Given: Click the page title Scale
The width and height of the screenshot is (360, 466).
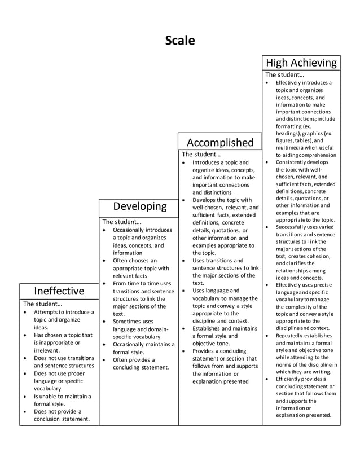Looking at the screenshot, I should coord(179,41).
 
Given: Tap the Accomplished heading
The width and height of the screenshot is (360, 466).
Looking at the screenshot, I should coord(220,142).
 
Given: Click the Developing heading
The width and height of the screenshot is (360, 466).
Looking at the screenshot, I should coord(139,206).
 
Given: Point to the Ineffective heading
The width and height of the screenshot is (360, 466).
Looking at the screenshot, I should coord(59,291).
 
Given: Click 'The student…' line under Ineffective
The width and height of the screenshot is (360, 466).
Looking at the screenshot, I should coord(43,304).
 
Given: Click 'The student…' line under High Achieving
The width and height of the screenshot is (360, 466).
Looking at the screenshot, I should coord(284,74).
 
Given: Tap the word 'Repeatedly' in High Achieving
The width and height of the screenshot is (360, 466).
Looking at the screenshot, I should coord(291,336).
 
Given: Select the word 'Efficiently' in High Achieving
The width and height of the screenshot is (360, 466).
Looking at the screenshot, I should coord(291,380).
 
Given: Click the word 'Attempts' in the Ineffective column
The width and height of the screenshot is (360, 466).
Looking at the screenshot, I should coord(46,312).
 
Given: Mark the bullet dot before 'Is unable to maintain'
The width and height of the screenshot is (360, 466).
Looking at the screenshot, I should coord(25,397).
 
